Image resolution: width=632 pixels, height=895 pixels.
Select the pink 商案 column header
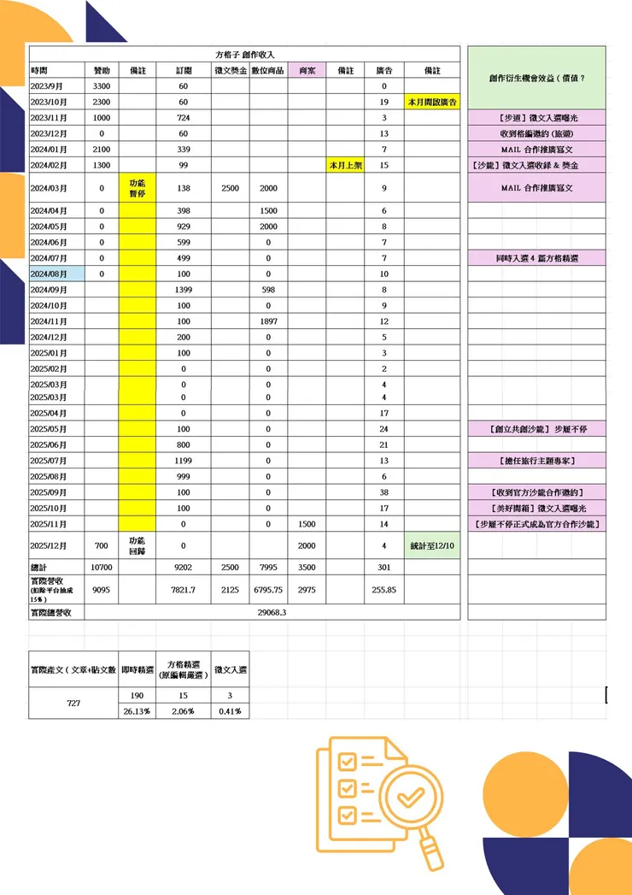pos(306,70)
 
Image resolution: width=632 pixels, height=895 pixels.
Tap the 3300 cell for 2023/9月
pos(101,86)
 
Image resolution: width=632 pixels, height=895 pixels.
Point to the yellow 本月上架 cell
pos(344,165)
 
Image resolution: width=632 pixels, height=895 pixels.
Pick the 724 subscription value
pos(183,117)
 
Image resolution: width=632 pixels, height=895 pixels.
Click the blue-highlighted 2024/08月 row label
pos(56,274)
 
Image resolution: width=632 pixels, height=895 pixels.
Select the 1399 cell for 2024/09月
pos(183,290)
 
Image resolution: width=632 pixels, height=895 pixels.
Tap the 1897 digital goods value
pos(268,321)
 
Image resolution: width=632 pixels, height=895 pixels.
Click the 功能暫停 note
pos(138,187)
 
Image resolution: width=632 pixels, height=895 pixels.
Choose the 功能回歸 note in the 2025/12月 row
pos(138,545)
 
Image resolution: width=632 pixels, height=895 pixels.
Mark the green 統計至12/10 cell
pos(432,545)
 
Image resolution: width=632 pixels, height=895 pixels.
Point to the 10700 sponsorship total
pos(101,567)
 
